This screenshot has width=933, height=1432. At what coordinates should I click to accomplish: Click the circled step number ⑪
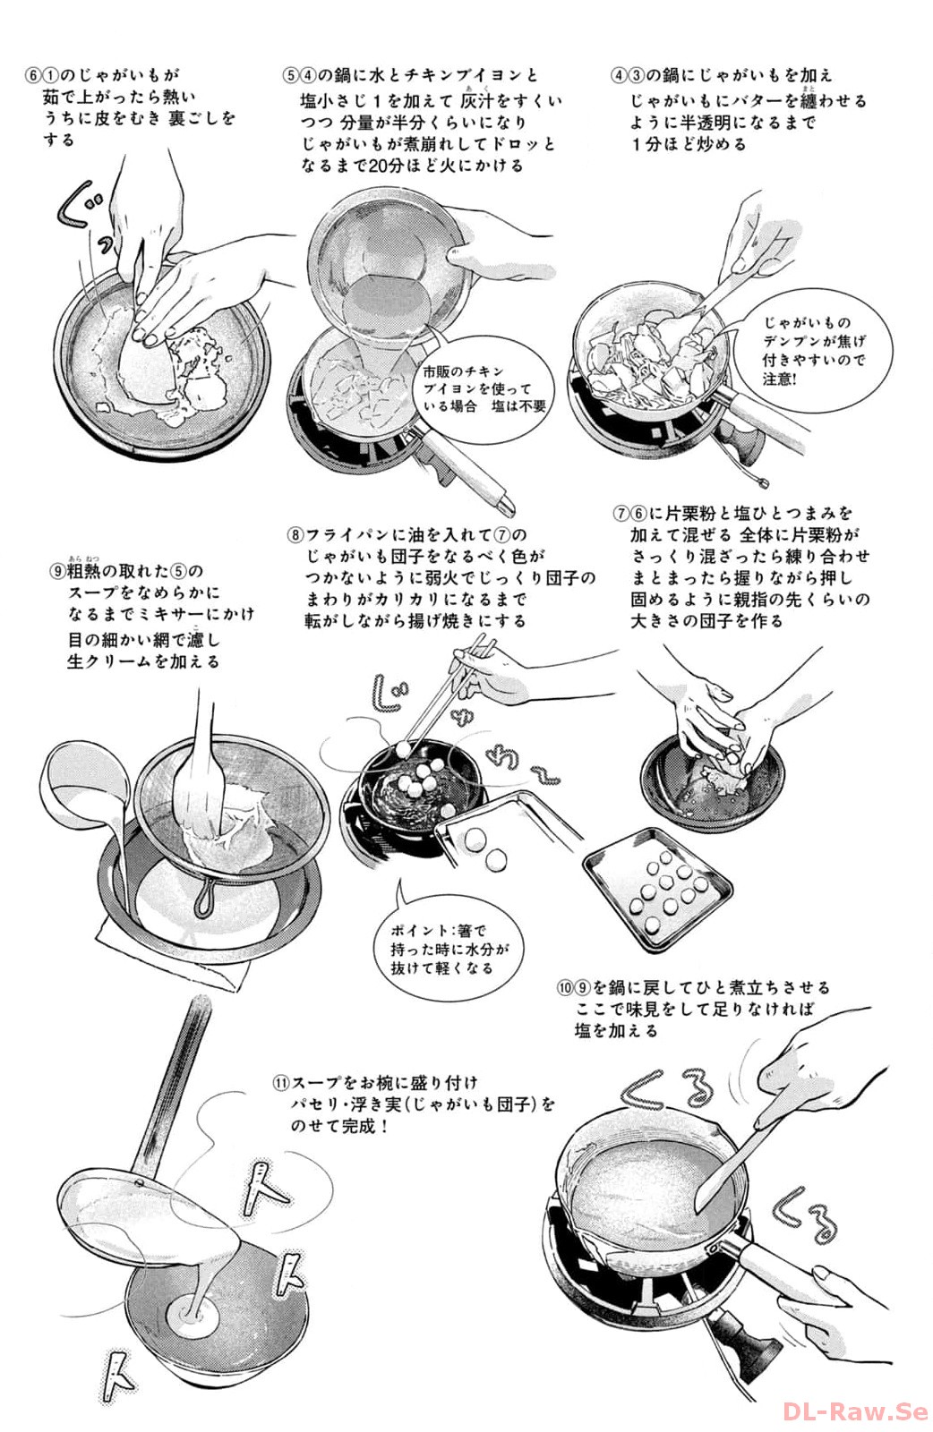pyautogui.click(x=281, y=1082)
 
